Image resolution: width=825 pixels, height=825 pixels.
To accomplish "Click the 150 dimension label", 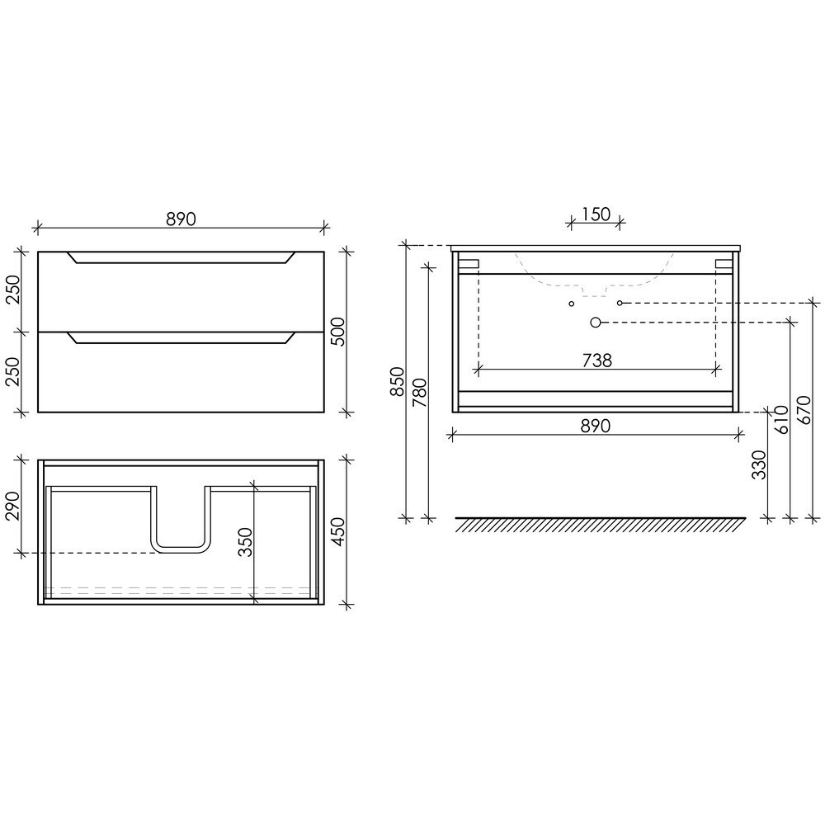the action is coord(596,214).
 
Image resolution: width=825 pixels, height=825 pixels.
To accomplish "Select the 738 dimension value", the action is coord(597,361).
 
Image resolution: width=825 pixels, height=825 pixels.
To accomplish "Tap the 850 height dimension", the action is coord(398,381).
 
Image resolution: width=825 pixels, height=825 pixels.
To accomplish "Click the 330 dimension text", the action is coord(759,464).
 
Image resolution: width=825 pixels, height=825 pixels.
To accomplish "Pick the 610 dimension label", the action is coord(781,419).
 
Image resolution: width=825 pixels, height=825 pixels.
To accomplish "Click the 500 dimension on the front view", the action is coord(337,332).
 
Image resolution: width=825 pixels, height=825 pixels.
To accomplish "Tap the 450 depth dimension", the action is coord(337,531).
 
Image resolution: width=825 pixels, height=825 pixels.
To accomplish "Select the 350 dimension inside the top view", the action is coord(245,542).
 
